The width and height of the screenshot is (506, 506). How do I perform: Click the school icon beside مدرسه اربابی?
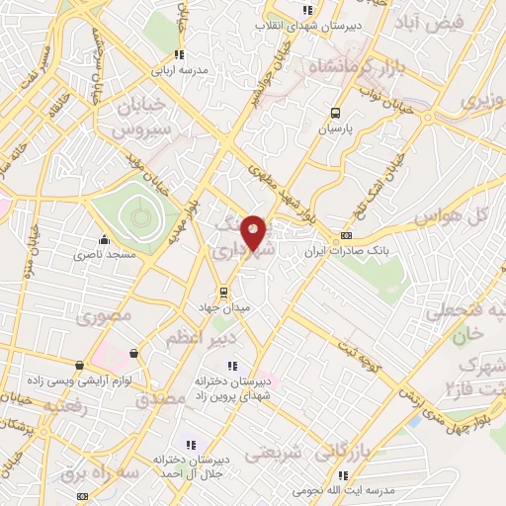pyautogui.click(x=178, y=54)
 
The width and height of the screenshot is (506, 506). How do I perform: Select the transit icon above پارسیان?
pyautogui.click(x=336, y=113)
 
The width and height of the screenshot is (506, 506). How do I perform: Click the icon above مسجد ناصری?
pyautogui.click(x=104, y=238)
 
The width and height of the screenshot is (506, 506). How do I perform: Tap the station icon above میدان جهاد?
pyautogui.click(x=224, y=292)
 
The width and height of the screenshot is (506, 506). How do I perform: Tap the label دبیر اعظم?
pyautogui.click(x=199, y=339)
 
